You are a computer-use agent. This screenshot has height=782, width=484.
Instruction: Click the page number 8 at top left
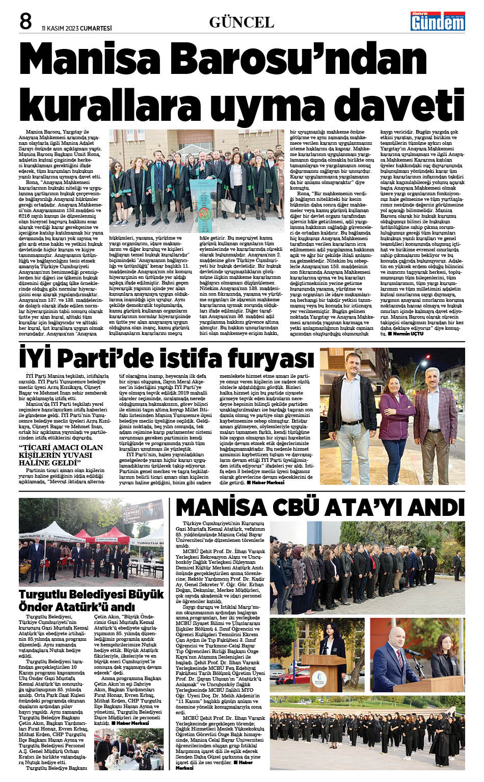(25, 21)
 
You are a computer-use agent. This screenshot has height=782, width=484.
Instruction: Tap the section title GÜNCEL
(241, 22)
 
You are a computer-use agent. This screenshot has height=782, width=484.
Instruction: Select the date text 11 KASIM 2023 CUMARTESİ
(76, 28)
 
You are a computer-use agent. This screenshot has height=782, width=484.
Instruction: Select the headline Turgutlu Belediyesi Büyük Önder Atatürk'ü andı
(84, 601)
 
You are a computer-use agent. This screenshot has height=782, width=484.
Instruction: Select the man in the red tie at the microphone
(392, 658)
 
